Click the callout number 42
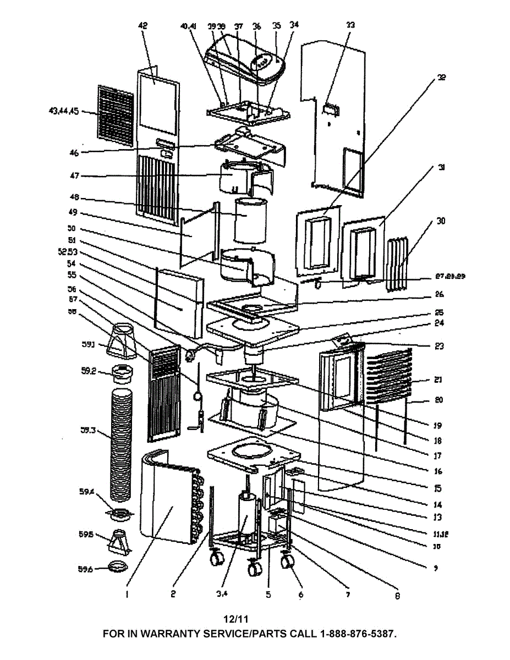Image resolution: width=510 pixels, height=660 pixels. pyautogui.click(x=144, y=25)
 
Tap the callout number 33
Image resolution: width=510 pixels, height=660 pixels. pyautogui.click(x=350, y=25)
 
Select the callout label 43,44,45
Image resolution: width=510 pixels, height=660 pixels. pyautogui.click(x=64, y=112)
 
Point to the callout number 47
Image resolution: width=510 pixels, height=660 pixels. pyautogui.click(x=74, y=176)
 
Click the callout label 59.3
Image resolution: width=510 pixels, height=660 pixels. pyautogui.click(x=88, y=431)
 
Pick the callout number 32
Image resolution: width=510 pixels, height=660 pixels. pyautogui.click(x=441, y=78)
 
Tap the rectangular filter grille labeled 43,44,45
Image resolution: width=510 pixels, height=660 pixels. pyautogui.click(x=116, y=116)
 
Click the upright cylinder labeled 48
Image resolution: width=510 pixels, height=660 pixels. pyautogui.click(x=250, y=220)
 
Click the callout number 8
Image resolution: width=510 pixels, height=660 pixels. pyautogui.click(x=397, y=595)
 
